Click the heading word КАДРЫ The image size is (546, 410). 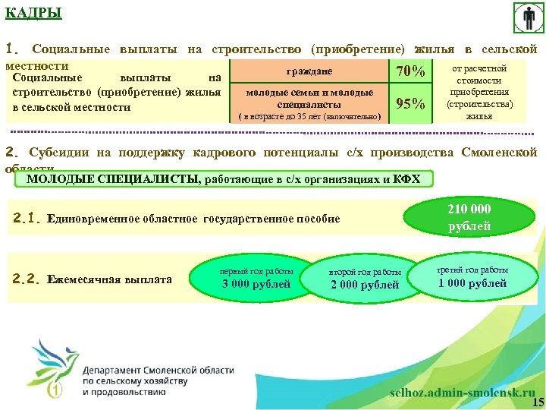pyautogui.click(x=34, y=13)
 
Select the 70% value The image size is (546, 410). pyautogui.click(x=409, y=71)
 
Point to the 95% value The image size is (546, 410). pyautogui.click(x=409, y=104)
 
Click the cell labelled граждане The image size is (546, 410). pyautogui.click(x=309, y=71)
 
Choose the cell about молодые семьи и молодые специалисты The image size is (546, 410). pyautogui.click(x=309, y=98)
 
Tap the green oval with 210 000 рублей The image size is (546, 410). pyautogui.click(x=469, y=217)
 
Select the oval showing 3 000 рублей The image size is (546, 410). pyautogui.click(x=256, y=279)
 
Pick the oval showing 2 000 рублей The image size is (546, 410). pyautogui.click(x=365, y=279)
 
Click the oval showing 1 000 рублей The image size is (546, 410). pyautogui.click(x=472, y=277)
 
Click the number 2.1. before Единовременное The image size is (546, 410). pyautogui.click(x=27, y=219)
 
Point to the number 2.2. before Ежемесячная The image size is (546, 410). pyautogui.click(x=27, y=279)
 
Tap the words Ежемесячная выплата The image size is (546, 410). pyautogui.click(x=109, y=279)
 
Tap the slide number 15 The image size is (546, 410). pyautogui.click(x=538, y=402)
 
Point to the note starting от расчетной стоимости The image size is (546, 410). pyautogui.click(x=479, y=92)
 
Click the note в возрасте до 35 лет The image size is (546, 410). pyautogui.click(x=309, y=118)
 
